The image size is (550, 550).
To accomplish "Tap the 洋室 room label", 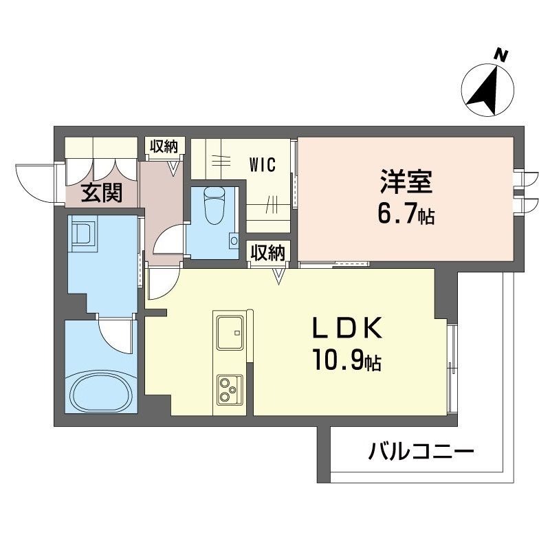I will (406, 184).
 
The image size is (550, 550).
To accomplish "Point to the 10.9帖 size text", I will (349, 360).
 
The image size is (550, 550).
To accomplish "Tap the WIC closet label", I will (263, 165).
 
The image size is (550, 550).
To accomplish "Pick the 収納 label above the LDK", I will (267, 252).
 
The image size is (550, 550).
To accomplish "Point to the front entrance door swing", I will (34, 182).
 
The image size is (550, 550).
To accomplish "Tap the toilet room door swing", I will (167, 244).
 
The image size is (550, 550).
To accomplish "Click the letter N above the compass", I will (503, 54).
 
